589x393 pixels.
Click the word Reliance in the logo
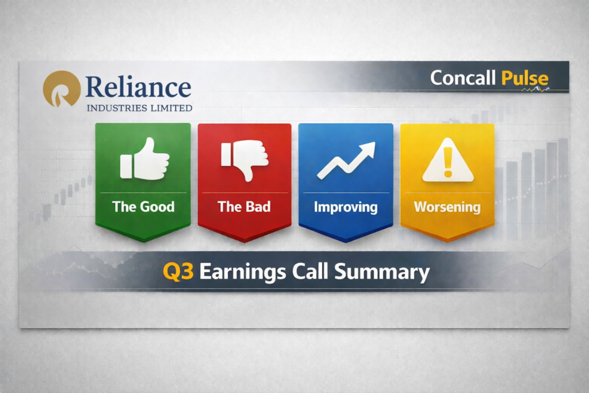(138, 87)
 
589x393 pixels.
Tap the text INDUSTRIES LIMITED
(139, 108)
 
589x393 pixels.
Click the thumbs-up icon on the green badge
(144, 159)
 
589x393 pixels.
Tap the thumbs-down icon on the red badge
(245, 159)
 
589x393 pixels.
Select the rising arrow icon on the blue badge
(346, 159)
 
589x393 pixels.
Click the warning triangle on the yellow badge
(448, 162)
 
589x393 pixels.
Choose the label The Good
(143, 207)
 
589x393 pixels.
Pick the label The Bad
(244, 207)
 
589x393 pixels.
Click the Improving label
(346, 207)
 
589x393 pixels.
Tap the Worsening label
(447, 207)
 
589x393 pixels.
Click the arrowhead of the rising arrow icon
(368, 148)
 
